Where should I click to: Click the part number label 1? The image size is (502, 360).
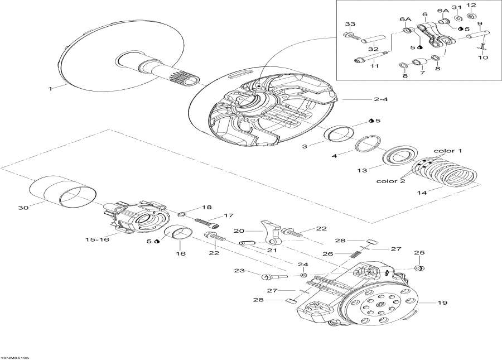pos(50,88)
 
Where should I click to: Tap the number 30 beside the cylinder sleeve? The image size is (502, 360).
pos(22,208)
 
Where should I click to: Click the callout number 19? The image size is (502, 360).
pos(442,303)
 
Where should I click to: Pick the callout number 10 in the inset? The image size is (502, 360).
pos(483,57)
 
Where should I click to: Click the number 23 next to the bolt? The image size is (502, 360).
pos(239,271)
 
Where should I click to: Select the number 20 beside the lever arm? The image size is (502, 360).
pos(239,231)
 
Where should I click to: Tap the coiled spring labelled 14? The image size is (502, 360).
pos(446,173)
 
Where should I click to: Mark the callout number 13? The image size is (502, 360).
pos(362,170)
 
